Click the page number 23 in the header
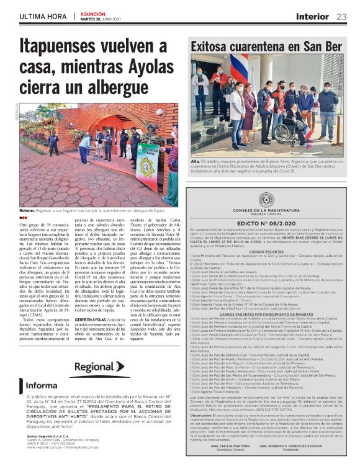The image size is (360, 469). click(341, 17)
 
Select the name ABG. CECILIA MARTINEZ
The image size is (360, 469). click(230, 446)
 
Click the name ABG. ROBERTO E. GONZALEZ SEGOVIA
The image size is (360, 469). click(300, 446)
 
